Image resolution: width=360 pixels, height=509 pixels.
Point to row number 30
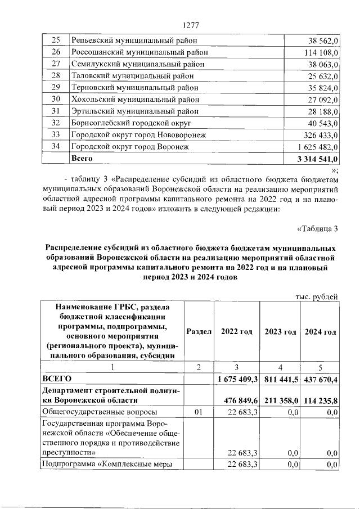click(55, 100)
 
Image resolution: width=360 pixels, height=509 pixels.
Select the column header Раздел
click(198, 332)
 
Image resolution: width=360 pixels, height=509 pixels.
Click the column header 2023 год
click(280, 332)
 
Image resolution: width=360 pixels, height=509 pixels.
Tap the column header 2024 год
click(321, 332)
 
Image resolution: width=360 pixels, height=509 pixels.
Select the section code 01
click(198, 413)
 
